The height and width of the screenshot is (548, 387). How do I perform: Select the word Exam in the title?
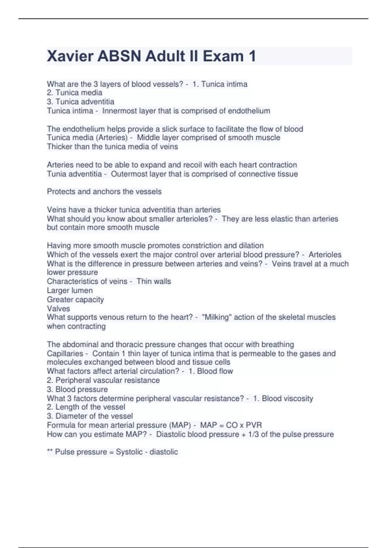[x=223, y=56]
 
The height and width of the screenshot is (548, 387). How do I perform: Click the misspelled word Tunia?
[x=56, y=174]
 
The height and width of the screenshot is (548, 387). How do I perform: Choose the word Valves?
[x=58, y=308]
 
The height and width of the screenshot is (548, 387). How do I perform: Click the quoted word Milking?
[x=217, y=317]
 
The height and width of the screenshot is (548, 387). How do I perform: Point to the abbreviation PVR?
[x=254, y=425]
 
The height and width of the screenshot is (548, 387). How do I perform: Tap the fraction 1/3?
[x=253, y=435]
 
